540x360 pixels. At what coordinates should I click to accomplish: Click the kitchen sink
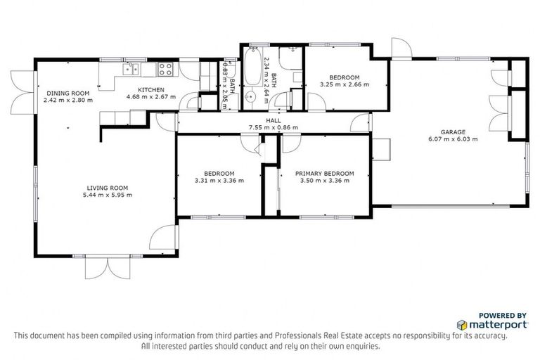130,68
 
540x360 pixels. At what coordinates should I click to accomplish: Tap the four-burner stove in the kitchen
166,69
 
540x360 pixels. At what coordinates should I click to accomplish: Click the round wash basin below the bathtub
251,97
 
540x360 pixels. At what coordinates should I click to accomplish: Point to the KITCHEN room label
150,90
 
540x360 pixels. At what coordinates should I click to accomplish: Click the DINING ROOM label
68,93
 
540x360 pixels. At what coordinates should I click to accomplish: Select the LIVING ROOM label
108,188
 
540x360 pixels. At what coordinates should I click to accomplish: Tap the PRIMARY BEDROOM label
324,174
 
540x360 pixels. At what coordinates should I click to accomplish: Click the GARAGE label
454,131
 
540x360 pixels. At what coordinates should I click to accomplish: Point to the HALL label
274,120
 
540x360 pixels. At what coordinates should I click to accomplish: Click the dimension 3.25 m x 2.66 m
345,84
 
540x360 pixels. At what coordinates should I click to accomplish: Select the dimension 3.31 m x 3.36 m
219,181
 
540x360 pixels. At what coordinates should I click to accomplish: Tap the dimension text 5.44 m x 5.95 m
108,195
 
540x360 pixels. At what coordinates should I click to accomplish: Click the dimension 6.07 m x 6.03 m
454,139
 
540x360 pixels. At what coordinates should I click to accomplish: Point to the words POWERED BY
503,315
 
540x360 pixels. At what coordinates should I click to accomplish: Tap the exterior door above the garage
401,48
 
